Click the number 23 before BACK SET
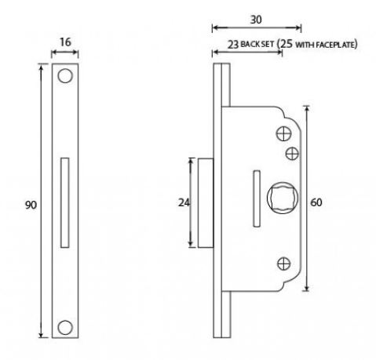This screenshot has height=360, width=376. click(x=233, y=45)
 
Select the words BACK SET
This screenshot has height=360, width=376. click(x=260, y=45)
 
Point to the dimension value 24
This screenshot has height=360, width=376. click(x=184, y=202)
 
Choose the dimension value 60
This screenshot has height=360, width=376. click(x=316, y=202)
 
